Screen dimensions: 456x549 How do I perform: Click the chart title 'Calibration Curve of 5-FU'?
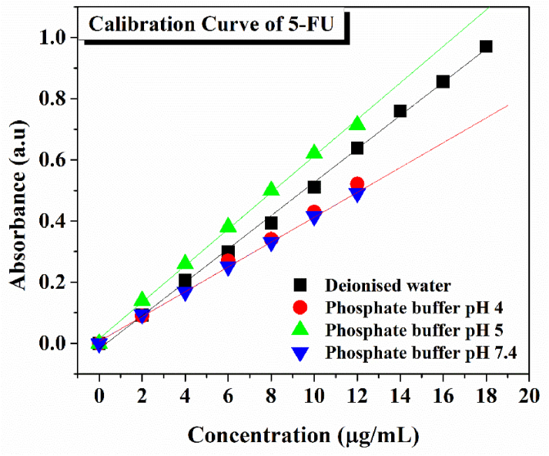tap(216, 24)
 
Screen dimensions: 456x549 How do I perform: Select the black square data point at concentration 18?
tap(486, 47)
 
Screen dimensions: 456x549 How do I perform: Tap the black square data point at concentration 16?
tap(443, 82)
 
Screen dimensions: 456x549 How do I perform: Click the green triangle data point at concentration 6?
tap(228, 225)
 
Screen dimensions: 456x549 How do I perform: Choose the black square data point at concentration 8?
tap(271, 223)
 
